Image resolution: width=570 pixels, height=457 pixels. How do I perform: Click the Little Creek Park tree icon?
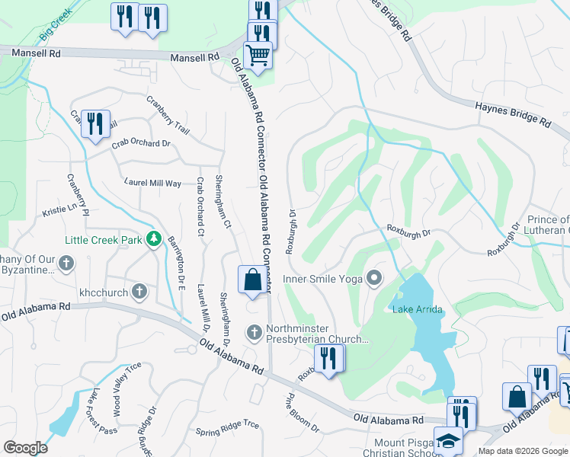pos(155,239)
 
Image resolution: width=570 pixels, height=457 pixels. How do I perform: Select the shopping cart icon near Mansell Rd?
pos(258,56)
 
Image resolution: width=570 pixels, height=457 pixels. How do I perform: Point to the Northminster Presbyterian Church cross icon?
pos(254,333)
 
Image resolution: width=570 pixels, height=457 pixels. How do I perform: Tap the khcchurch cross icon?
pos(139,291)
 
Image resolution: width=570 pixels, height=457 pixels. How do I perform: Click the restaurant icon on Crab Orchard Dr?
pos(95,124)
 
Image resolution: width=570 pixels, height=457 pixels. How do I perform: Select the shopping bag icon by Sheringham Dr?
pos(253,280)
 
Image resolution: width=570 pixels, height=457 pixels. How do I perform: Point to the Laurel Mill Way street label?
pos(153,183)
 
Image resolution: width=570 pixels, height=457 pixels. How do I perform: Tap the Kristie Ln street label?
pos(60,208)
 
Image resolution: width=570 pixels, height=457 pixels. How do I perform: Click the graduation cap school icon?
pos(447,441)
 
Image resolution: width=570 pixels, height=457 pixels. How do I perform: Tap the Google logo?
pos(25,448)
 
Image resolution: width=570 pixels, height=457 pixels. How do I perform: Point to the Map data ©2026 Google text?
pos(523,451)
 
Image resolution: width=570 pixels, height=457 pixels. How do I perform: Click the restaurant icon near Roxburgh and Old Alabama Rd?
pos(329,358)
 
